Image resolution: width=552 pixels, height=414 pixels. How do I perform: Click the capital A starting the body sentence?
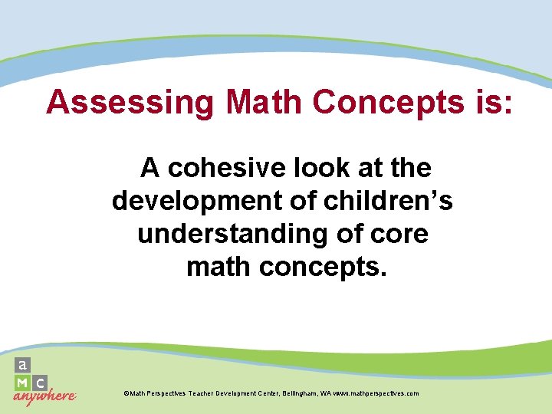149,167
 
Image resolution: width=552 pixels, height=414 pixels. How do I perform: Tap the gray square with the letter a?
24,365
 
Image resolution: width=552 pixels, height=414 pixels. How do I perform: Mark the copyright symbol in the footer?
126,393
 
